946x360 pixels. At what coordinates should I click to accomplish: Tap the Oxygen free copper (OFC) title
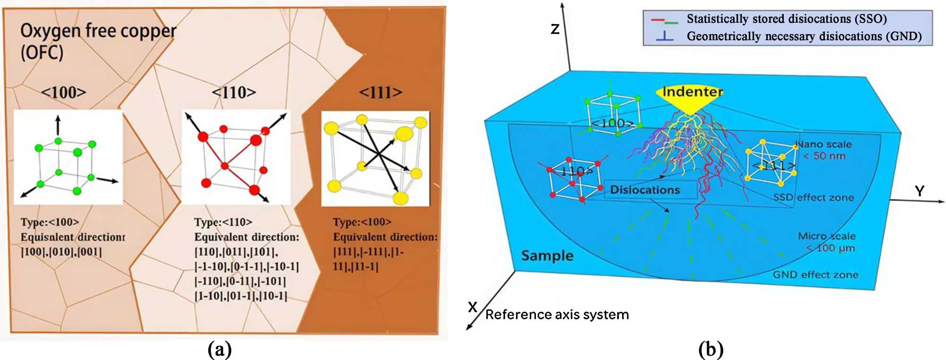98,41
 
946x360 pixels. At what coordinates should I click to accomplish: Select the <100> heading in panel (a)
64,92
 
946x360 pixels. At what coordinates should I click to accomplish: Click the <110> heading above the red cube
234,92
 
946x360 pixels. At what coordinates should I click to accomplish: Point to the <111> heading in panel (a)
381,92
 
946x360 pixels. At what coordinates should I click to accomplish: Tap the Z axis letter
555,29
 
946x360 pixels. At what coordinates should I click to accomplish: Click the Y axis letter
919,191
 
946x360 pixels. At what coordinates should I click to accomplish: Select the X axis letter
473,307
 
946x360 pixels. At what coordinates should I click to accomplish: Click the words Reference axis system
557,315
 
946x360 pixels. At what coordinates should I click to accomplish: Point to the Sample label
547,256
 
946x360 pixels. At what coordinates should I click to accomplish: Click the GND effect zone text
815,274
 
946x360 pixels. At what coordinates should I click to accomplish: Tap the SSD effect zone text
814,197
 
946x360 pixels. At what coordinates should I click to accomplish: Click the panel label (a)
220,350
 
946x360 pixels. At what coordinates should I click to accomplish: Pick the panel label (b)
711,350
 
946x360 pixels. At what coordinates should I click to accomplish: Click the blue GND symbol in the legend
665,36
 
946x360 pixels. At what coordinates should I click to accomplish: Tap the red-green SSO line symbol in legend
665,20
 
